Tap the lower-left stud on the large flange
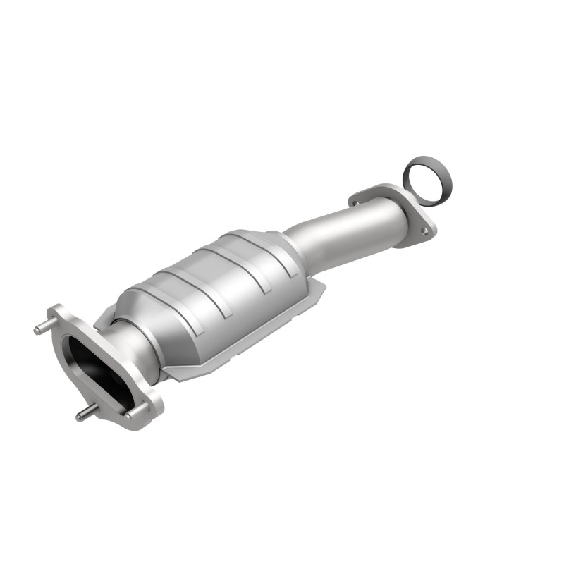tap(83, 415)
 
